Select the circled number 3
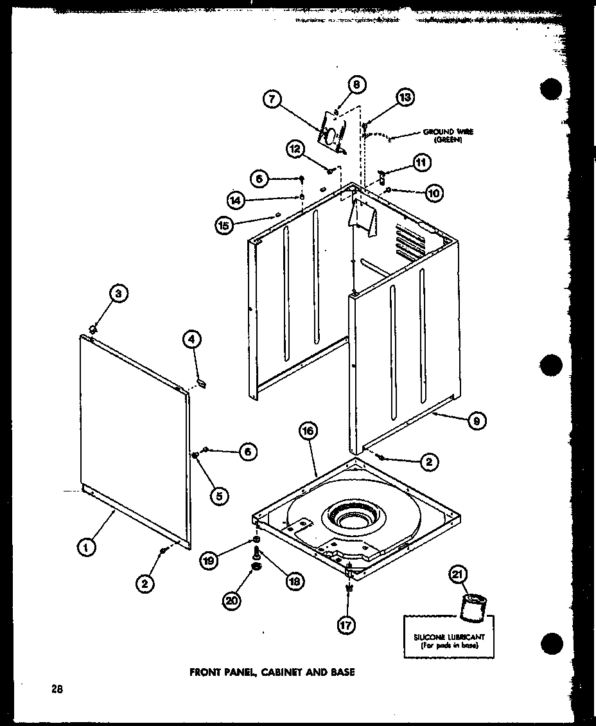point(118,294)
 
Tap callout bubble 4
point(191,340)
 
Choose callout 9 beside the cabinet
point(476,421)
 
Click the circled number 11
point(420,163)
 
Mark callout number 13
point(405,98)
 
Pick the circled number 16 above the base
point(308,432)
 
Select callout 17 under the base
point(347,624)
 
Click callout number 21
point(459,576)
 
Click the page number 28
point(57,691)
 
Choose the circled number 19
point(208,560)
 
